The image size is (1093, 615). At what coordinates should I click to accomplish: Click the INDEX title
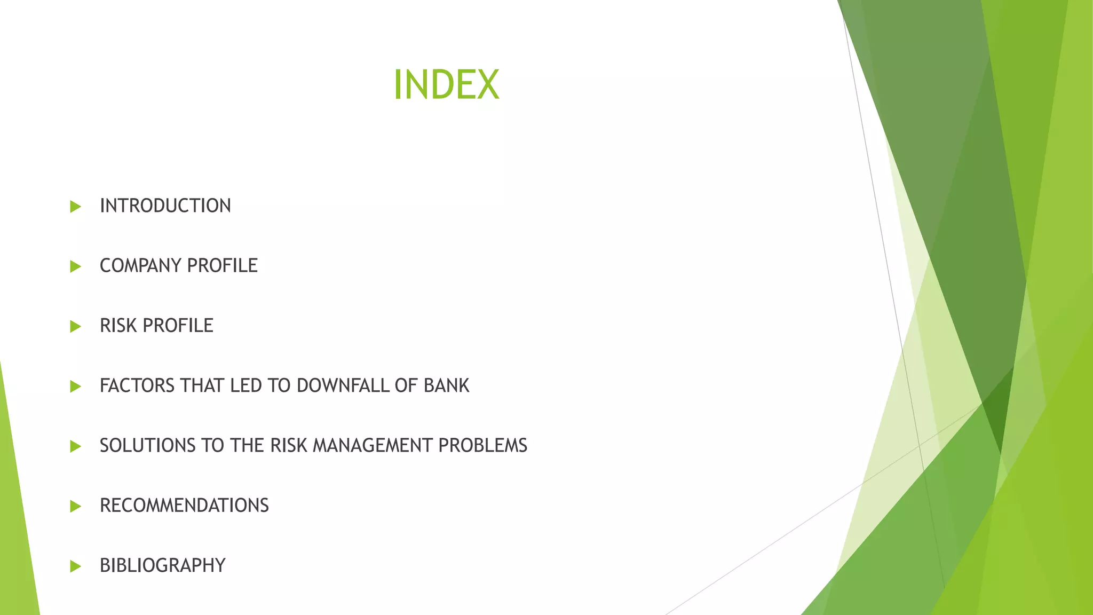[x=446, y=85]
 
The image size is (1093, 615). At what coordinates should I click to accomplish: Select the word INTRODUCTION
[x=165, y=206]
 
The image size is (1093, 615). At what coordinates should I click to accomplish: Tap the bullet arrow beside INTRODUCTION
[x=75, y=207]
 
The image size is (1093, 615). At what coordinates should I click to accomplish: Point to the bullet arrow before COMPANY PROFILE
[x=75, y=266]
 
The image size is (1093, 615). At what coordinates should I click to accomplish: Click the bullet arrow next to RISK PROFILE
[x=75, y=326]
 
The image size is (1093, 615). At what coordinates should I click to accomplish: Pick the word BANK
[x=446, y=385]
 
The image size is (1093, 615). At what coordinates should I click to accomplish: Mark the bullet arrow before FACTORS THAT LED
[x=75, y=386]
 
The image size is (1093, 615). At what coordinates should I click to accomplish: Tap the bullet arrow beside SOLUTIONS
[x=75, y=446]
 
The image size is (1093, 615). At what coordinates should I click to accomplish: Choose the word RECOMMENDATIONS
[x=184, y=506]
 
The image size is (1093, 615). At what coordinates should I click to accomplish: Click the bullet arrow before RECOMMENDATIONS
[x=75, y=506]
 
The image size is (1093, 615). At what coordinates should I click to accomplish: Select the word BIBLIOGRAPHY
[x=163, y=565]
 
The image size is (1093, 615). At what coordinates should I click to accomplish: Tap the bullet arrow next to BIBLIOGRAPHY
[x=75, y=566]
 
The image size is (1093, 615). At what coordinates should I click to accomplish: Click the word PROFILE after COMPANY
[x=223, y=266]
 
